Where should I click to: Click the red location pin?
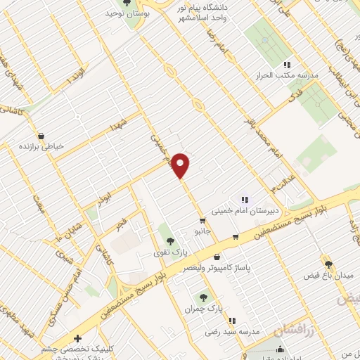point(181,165)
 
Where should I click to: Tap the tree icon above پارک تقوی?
point(166,231)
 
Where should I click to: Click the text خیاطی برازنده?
point(42,147)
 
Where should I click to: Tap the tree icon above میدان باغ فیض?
point(328,264)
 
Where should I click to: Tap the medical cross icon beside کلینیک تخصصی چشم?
point(77,337)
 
